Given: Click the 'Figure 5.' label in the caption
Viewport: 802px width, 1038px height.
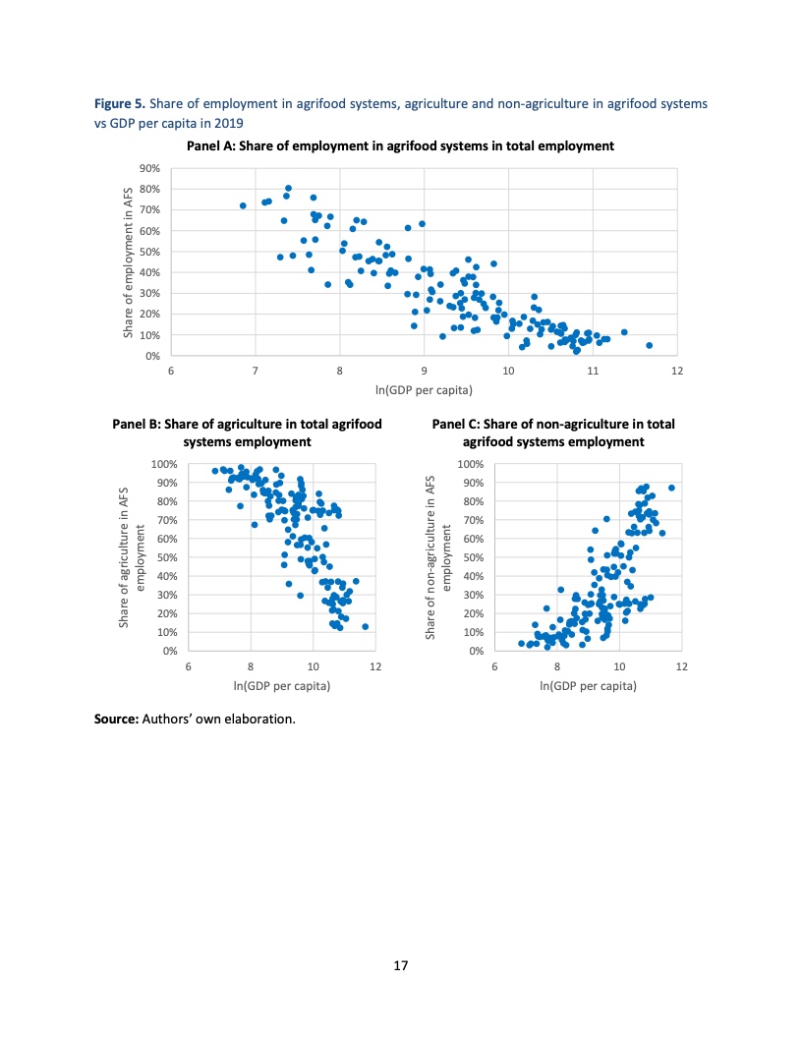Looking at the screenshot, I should [119, 102].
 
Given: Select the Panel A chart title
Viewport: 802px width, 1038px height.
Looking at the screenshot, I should [401, 145].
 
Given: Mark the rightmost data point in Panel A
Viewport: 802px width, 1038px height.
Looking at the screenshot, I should [649, 345].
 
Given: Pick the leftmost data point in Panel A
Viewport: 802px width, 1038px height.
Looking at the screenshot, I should [243, 205].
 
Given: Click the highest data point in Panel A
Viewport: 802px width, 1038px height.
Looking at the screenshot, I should [288, 188].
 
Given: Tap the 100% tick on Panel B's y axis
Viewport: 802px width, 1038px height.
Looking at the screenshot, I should [164, 464].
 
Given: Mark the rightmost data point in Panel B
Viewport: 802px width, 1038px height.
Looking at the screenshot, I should [365, 626].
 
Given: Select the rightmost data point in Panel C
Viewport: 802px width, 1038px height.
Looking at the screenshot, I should [671, 488].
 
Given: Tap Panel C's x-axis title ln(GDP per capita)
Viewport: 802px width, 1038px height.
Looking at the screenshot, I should [588, 684].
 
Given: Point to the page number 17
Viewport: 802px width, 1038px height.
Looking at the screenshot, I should [401, 966].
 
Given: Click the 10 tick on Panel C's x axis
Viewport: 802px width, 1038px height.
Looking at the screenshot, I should [619, 666].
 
